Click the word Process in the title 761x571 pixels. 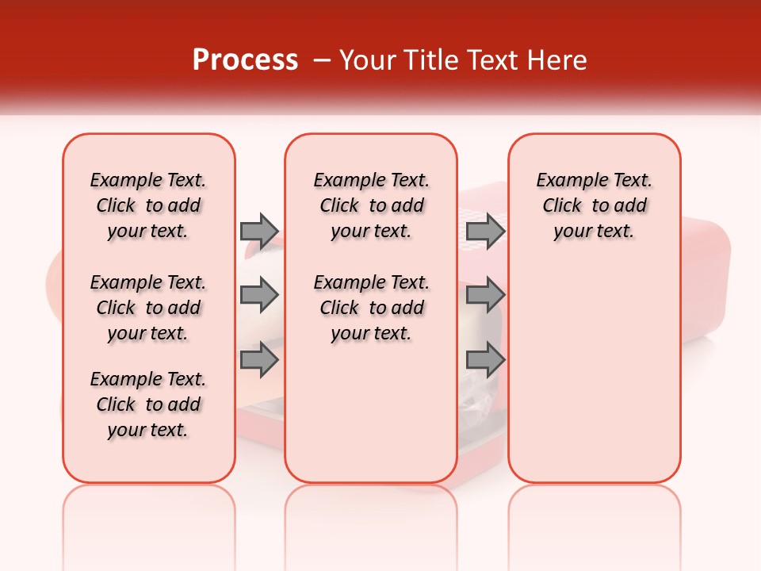(x=245, y=60)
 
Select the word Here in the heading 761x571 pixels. (x=560, y=60)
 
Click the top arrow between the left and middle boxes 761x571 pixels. (x=258, y=231)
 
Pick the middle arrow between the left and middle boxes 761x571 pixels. (x=258, y=296)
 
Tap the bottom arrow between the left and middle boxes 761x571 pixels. (x=258, y=360)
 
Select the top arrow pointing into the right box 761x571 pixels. (x=485, y=231)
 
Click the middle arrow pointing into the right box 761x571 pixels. (x=485, y=296)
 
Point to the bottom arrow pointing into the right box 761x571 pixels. (x=485, y=360)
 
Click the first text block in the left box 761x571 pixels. (x=148, y=205)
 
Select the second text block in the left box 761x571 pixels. (x=148, y=308)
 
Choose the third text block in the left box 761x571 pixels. (x=148, y=404)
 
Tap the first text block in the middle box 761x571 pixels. (x=372, y=205)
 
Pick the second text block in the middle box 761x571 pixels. (x=372, y=308)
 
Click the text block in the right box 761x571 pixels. (x=595, y=205)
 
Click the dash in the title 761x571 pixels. (x=322, y=60)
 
